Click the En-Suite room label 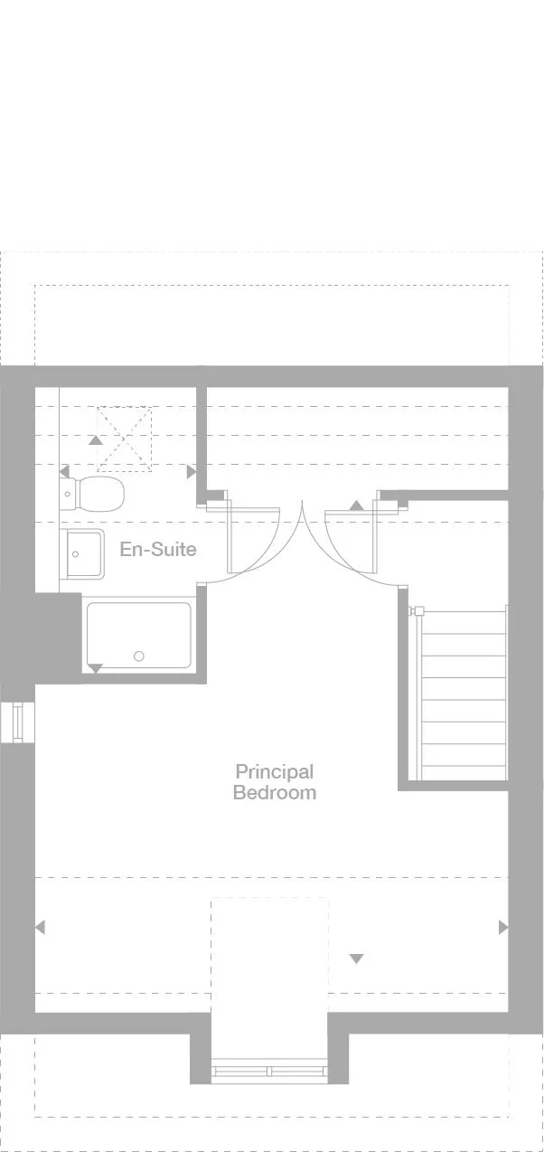click(158, 549)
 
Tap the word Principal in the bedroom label click(274, 771)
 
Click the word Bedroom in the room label click(274, 793)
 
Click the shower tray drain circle click(138, 656)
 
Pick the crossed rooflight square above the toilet click(125, 438)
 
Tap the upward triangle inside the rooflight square click(95, 440)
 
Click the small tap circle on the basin click(75, 554)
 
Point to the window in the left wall click(17, 722)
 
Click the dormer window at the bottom click(269, 1071)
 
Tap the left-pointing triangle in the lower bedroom click(39, 927)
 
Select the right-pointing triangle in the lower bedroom click(503, 927)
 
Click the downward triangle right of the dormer click(356, 958)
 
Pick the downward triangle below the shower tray click(95, 668)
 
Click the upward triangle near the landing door click(357, 505)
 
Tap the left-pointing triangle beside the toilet click(63, 472)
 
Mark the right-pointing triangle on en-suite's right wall click(191, 472)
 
